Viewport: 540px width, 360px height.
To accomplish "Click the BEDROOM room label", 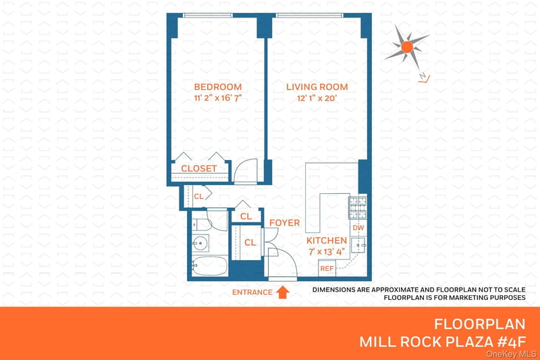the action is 217,87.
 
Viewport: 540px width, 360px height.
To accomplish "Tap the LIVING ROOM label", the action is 317,87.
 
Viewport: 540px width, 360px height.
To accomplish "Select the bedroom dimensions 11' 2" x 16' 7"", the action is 217,98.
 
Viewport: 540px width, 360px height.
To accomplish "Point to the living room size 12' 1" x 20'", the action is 317,98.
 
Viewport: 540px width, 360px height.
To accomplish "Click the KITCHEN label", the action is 327,240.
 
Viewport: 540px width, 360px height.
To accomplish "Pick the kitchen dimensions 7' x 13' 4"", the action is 327,252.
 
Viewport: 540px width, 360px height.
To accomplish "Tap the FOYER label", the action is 284,223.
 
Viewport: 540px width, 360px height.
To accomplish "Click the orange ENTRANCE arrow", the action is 283,292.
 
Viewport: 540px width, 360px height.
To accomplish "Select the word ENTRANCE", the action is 252,292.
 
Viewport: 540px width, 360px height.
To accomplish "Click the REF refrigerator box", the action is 327,268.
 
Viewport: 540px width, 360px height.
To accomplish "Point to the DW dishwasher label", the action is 358,228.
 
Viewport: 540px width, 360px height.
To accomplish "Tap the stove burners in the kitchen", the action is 358,208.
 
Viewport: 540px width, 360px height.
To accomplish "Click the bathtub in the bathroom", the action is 209,266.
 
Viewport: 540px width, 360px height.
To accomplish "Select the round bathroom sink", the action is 200,243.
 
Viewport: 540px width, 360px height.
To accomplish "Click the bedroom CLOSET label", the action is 199,168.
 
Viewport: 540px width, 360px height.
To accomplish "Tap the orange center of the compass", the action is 407,47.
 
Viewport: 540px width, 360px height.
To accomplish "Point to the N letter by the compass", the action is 423,76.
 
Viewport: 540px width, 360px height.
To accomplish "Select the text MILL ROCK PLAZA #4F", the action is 443,342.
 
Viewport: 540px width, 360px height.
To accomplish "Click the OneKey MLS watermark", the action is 511,354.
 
